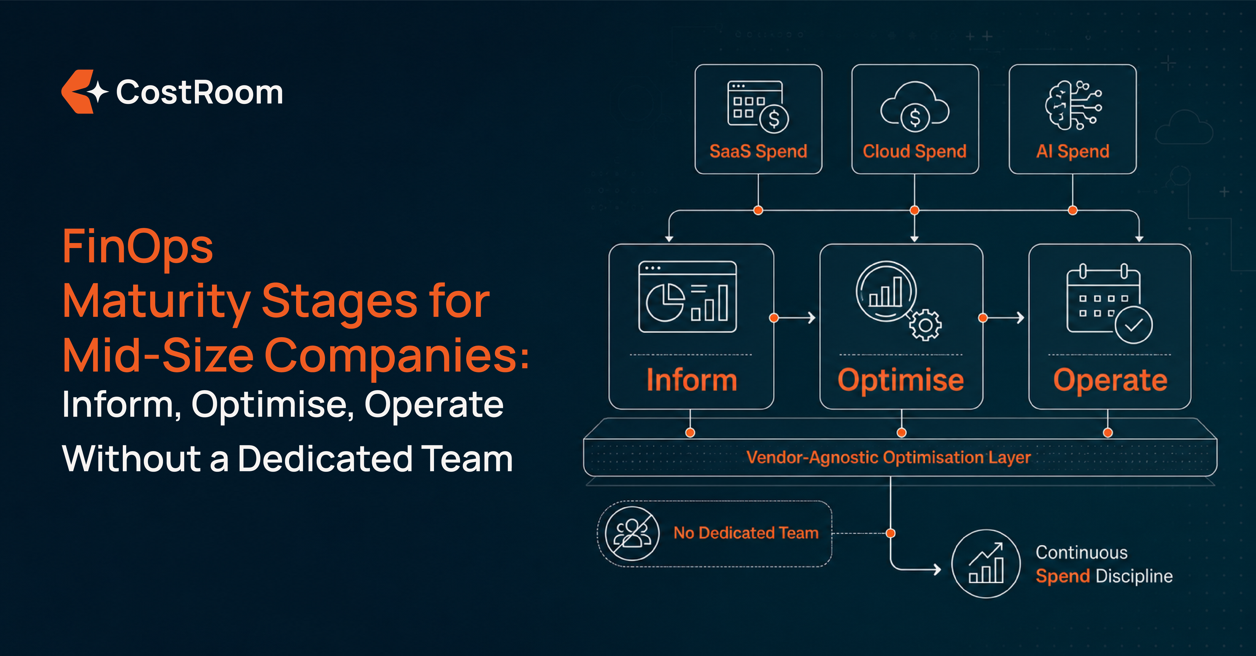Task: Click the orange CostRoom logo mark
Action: tap(78, 92)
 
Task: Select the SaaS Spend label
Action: tap(758, 151)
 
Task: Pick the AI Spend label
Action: tap(1073, 151)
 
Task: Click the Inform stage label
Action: tap(691, 380)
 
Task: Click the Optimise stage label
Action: tap(901, 380)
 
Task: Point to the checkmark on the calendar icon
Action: tap(1134, 325)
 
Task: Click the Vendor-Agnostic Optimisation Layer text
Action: tap(888, 457)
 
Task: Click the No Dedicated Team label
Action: tap(746, 533)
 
